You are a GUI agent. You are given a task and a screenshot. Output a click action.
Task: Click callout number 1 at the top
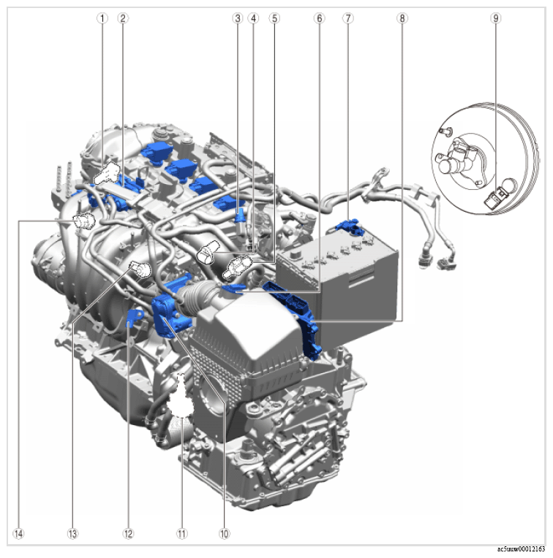[x=102, y=18]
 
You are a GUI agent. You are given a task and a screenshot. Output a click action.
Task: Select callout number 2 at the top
[x=123, y=18]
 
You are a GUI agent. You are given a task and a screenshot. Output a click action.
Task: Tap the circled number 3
[x=237, y=18]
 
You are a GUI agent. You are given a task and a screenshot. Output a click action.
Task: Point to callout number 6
[x=319, y=18]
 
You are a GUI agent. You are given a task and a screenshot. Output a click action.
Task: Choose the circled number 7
[x=348, y=18]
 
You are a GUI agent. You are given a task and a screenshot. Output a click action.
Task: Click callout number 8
[x=402, y=18]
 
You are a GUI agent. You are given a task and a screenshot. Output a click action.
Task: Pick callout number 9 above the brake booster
[x=496, y=18]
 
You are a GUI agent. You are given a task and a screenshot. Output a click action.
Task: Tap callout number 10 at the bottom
[x=224, y=533]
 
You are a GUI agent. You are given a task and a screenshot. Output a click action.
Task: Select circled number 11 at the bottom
[x=182, y=533]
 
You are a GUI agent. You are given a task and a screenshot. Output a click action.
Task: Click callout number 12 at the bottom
[x=128, y=533]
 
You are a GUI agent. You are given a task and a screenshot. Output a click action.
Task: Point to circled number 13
[x=72, y=533]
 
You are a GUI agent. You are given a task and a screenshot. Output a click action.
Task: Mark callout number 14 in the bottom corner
[x=18, y=533]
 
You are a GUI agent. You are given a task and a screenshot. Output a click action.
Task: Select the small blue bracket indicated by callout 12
[x=135, y=318]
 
